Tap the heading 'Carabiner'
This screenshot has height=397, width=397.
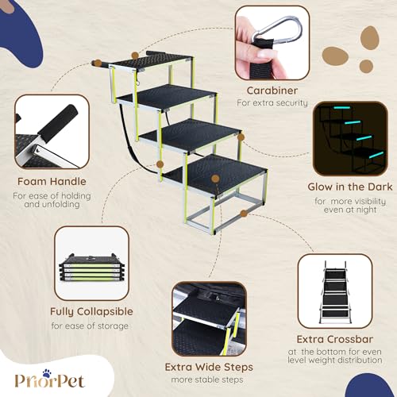(x=276, y=91)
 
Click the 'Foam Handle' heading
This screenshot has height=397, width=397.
(x=51, y=181)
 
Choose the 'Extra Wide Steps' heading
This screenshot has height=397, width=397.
(x=208, y=367)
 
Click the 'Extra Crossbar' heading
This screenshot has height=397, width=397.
(x=339, y=339)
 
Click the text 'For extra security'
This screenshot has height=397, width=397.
(x=276, y=104)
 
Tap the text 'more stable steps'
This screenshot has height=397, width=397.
(x=208, y=380)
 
